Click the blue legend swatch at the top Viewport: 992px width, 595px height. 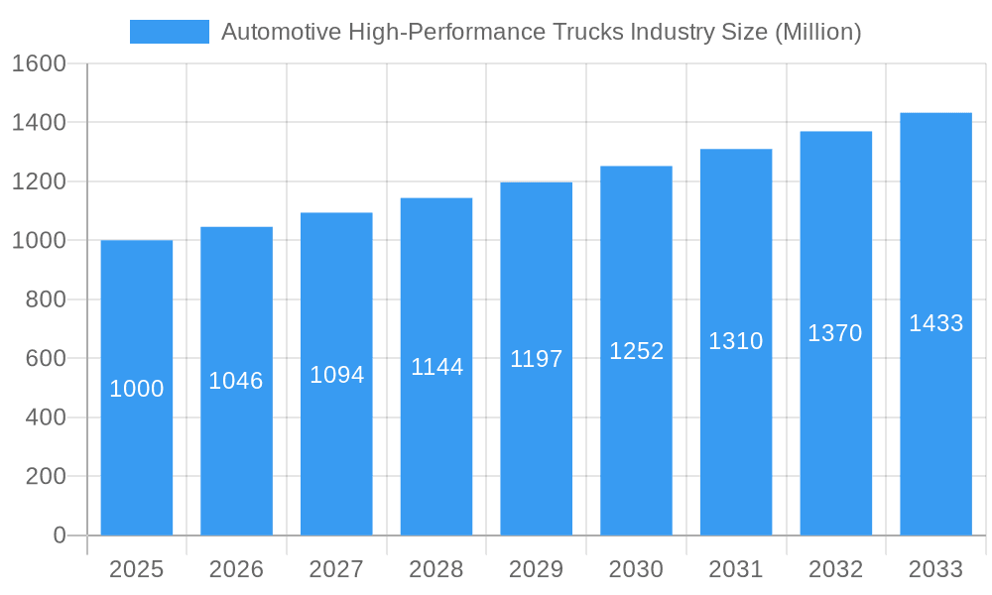tap(169, 32)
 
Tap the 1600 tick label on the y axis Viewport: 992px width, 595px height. tap(39, 64)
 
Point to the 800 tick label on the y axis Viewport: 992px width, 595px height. tap(46, 299)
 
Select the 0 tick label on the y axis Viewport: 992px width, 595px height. tap(60, 535)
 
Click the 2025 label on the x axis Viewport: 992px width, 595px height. tap(136, 569)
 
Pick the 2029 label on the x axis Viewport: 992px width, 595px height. tap(536, 569)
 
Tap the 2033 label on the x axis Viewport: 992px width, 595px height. tap(935, 569)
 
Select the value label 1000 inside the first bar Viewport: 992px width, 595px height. tap(136, 389)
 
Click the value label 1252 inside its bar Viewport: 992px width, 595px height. tap(636, 351)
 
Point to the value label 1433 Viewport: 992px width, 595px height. tap(935, 323)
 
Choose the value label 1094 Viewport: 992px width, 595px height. tap(336, 375)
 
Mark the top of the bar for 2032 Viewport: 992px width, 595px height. tap(836, 133)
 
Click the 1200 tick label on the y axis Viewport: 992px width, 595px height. tap(39, 181)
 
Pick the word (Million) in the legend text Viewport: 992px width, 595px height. tap(816, 32)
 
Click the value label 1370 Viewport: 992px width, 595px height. tap(835, 333)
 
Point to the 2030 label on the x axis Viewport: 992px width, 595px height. tap(636, 569)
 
